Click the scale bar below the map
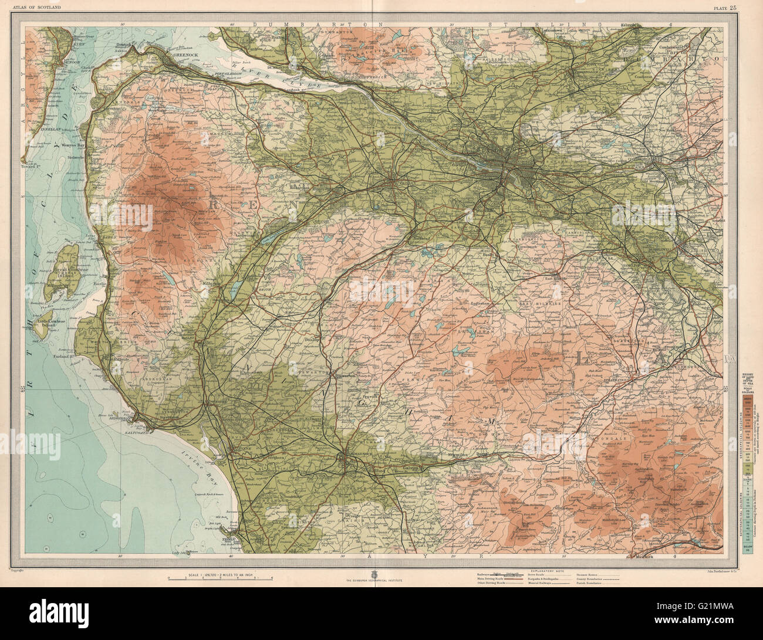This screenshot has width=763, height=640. tap(221, 580)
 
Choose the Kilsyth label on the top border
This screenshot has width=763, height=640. tap(631, 25)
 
